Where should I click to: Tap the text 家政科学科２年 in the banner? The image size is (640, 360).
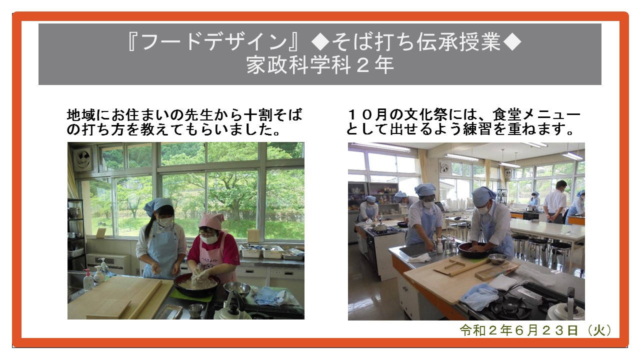click(320, 65)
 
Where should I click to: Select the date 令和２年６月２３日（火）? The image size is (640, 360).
click(536, 330)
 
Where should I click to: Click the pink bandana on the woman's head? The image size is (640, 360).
click(211, 220)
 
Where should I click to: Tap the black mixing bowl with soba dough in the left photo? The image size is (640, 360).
click(197, 284)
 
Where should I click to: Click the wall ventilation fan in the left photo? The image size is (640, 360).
click(83, 159)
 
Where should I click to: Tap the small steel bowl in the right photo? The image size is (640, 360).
click(497, 258)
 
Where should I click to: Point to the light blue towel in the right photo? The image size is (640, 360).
click(479, 297)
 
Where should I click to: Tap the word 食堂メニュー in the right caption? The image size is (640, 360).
click(536, 114)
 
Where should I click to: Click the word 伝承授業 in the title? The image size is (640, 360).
click(458, 42)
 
